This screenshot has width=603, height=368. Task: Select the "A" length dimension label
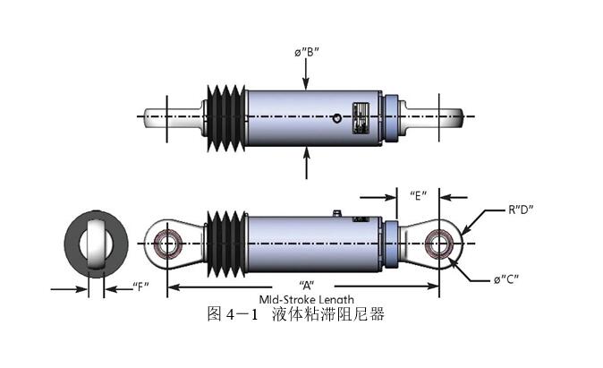(308, 278)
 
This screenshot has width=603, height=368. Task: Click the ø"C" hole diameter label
(506, 280)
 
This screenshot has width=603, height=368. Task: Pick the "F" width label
(140, 287)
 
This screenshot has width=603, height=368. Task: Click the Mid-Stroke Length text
(307, 299)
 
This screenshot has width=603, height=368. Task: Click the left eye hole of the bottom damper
(166, 243)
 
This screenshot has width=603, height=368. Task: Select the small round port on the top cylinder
(335, 117)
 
